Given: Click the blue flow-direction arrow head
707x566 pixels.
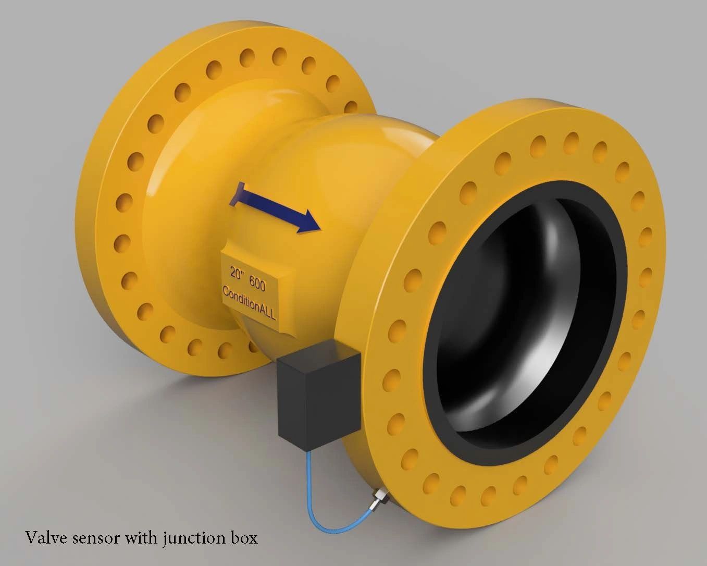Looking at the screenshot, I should (x=309, y=221).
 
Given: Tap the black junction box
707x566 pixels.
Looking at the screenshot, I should (x=318, y=396).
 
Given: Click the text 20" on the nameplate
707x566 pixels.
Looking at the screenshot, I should (x=238, y=273).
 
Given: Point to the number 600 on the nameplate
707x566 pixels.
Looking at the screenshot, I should (x=257, y=284).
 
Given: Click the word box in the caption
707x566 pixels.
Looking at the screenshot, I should (x=243, y=537).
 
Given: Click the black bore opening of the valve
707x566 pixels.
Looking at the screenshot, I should (x=521, y=323).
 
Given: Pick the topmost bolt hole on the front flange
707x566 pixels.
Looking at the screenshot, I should (x=572, y=140).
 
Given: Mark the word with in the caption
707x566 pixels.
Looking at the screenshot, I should (x=140, y=537).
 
